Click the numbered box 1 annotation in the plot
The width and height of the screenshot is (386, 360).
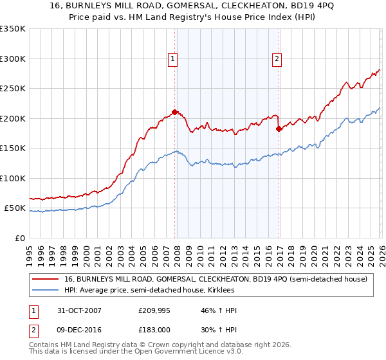pos(174,60)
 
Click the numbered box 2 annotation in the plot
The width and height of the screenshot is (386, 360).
pos(277,60)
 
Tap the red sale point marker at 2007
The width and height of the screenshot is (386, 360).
pos(175,112)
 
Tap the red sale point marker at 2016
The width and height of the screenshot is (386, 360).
pos(279,129)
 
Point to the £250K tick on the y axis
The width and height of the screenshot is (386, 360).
pos(13,89)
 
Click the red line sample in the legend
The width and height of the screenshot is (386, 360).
pos(45,279)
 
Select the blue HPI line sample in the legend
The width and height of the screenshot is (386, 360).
pos(45,290)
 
